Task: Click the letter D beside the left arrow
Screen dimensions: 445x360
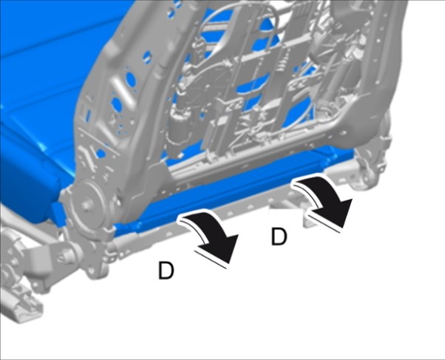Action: (x=166, y=270)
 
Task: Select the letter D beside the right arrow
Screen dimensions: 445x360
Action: (x=279, y=237)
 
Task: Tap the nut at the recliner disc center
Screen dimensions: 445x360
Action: (x=85, y=205)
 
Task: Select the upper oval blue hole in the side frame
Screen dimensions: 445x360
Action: (x=130, y=79)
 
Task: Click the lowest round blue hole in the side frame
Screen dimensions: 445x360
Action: (x=101, y=154)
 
